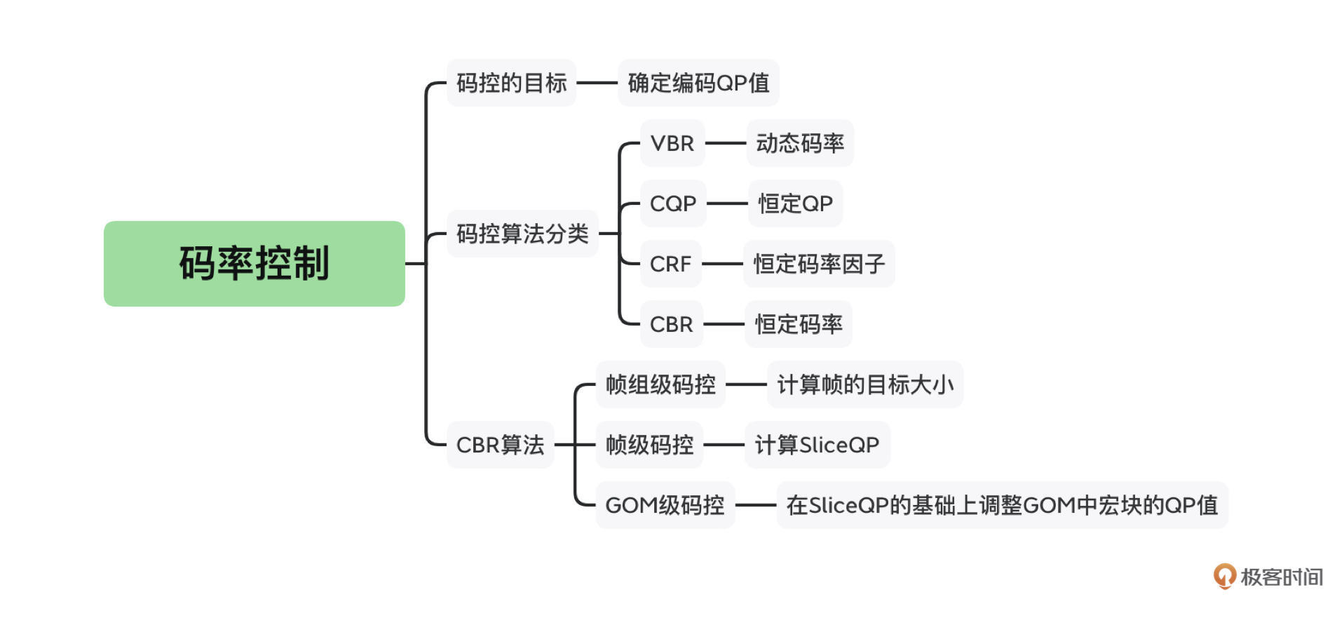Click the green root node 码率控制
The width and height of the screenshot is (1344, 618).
pos(254,264)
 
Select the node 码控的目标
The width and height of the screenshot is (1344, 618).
pos(511,83)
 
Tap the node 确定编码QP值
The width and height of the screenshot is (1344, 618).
pos(698,83)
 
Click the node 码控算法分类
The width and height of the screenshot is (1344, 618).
pos(522,234)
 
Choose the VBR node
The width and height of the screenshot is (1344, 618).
pos(672,143)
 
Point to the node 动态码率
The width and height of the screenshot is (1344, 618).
pos(800,143)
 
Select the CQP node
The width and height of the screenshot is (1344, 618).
pos(673,203)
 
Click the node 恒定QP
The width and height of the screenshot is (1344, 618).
pos(795,203)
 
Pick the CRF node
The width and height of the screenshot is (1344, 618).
pos(671,264)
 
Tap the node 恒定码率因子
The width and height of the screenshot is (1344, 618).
pos(819,264)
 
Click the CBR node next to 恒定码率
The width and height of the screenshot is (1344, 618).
pos(671,324)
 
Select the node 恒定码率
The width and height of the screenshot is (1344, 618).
pos(799,324)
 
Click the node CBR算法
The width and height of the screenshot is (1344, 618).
pos(500,445)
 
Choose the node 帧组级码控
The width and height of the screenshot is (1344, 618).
pos(660,384)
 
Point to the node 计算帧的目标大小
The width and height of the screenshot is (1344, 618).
pos(865,384)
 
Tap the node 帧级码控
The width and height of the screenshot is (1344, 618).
pos(649,445)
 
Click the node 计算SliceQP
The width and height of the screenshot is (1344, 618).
pos(817,445)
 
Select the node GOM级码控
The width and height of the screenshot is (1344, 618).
pos(665,505)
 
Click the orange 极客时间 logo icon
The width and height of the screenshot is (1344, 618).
pos(1224,577)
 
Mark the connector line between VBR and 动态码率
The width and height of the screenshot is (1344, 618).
pos(726,143)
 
